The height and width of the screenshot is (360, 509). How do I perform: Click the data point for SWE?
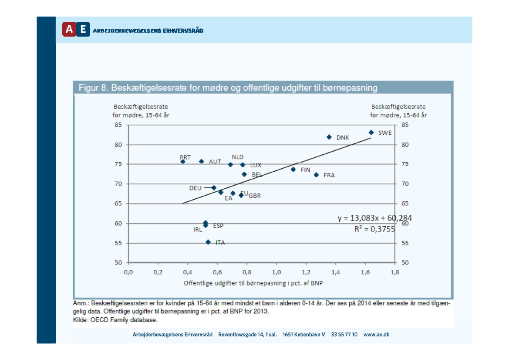371,132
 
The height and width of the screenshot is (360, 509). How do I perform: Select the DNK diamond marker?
329,137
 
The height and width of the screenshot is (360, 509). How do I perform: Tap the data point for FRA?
316,175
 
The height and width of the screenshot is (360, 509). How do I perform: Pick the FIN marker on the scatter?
293,169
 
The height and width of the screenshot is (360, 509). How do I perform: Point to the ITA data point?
208,242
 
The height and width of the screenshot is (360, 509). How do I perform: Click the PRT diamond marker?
183,162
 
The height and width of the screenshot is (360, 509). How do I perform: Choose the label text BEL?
257,175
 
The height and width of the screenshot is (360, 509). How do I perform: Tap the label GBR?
255,196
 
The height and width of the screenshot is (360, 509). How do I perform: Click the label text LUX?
256,165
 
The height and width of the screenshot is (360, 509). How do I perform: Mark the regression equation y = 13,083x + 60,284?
374,218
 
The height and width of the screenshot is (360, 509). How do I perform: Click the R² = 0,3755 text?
374,228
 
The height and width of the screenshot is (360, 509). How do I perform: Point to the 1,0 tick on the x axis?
276,272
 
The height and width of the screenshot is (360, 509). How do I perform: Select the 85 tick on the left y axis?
118,125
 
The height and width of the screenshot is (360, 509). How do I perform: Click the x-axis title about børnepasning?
253,283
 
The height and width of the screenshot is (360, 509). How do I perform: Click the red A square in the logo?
69,29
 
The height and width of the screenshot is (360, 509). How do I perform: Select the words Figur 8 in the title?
92,88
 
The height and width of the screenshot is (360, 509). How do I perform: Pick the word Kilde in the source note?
80,319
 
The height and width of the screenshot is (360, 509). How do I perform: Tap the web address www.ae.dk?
376,334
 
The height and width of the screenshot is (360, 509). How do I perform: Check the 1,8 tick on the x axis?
395,272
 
